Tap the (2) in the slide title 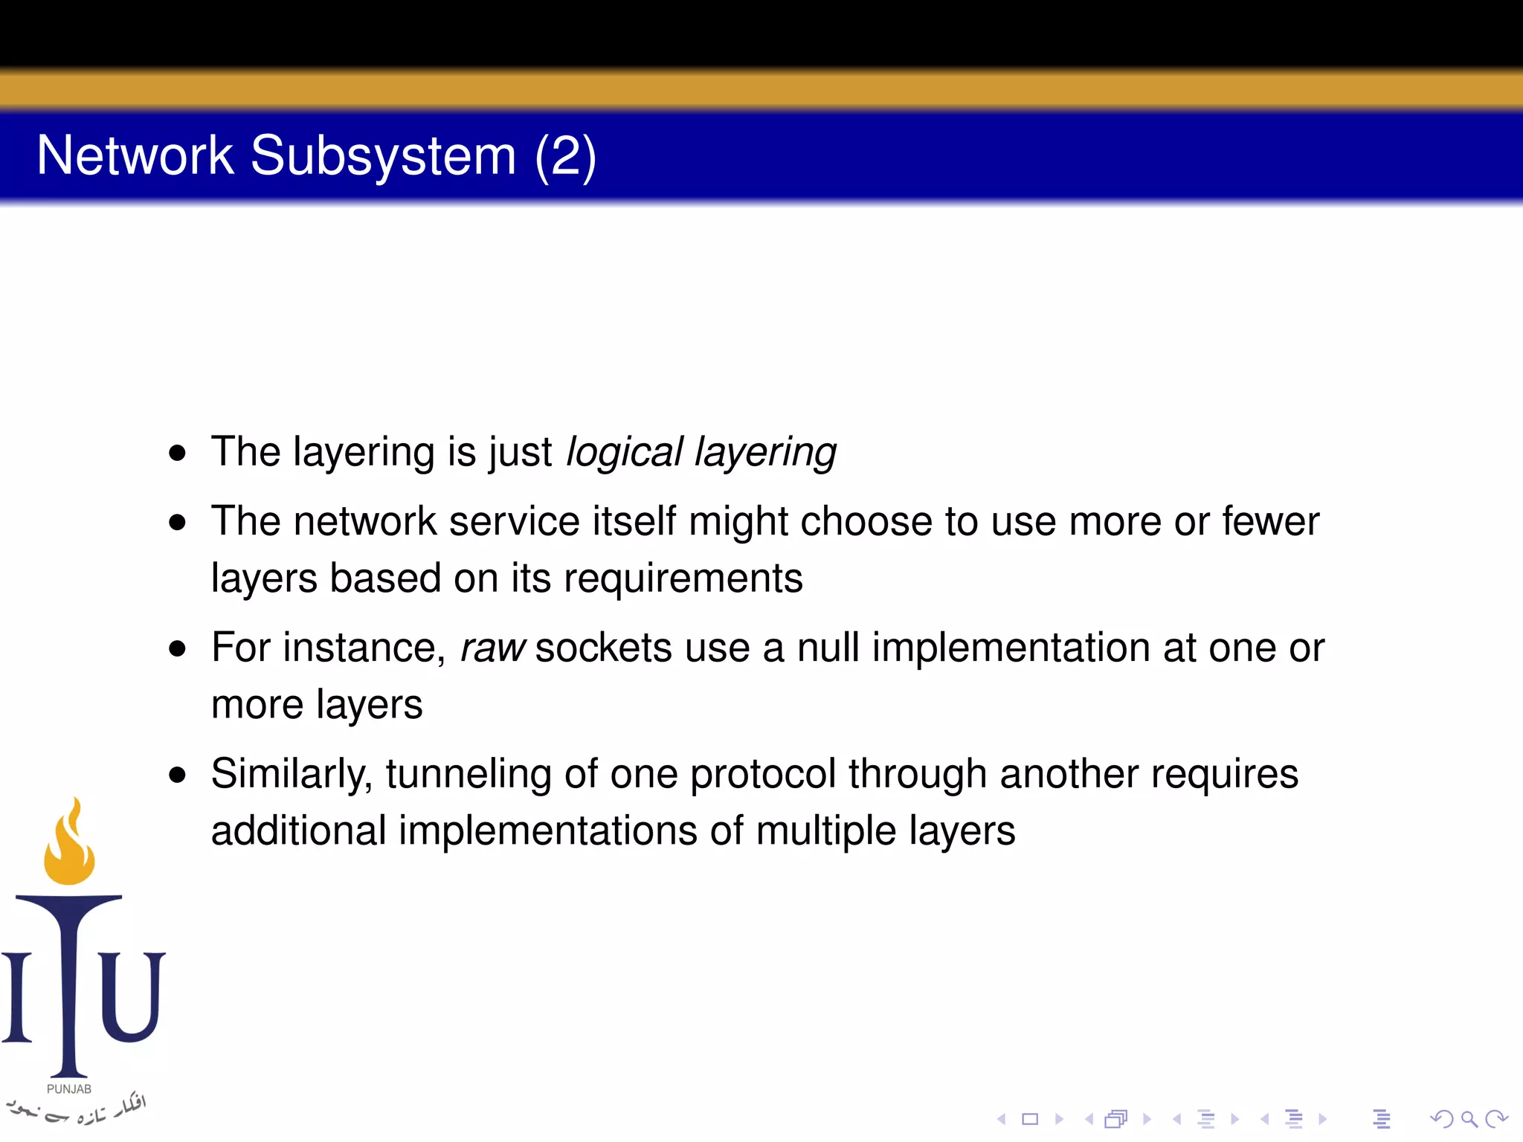565,157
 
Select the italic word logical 624,452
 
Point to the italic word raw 492,648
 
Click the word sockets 603,648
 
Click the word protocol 763,774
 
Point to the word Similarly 291,774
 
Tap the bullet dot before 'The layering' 177,453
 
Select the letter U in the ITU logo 132,996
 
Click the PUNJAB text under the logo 69,1089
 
